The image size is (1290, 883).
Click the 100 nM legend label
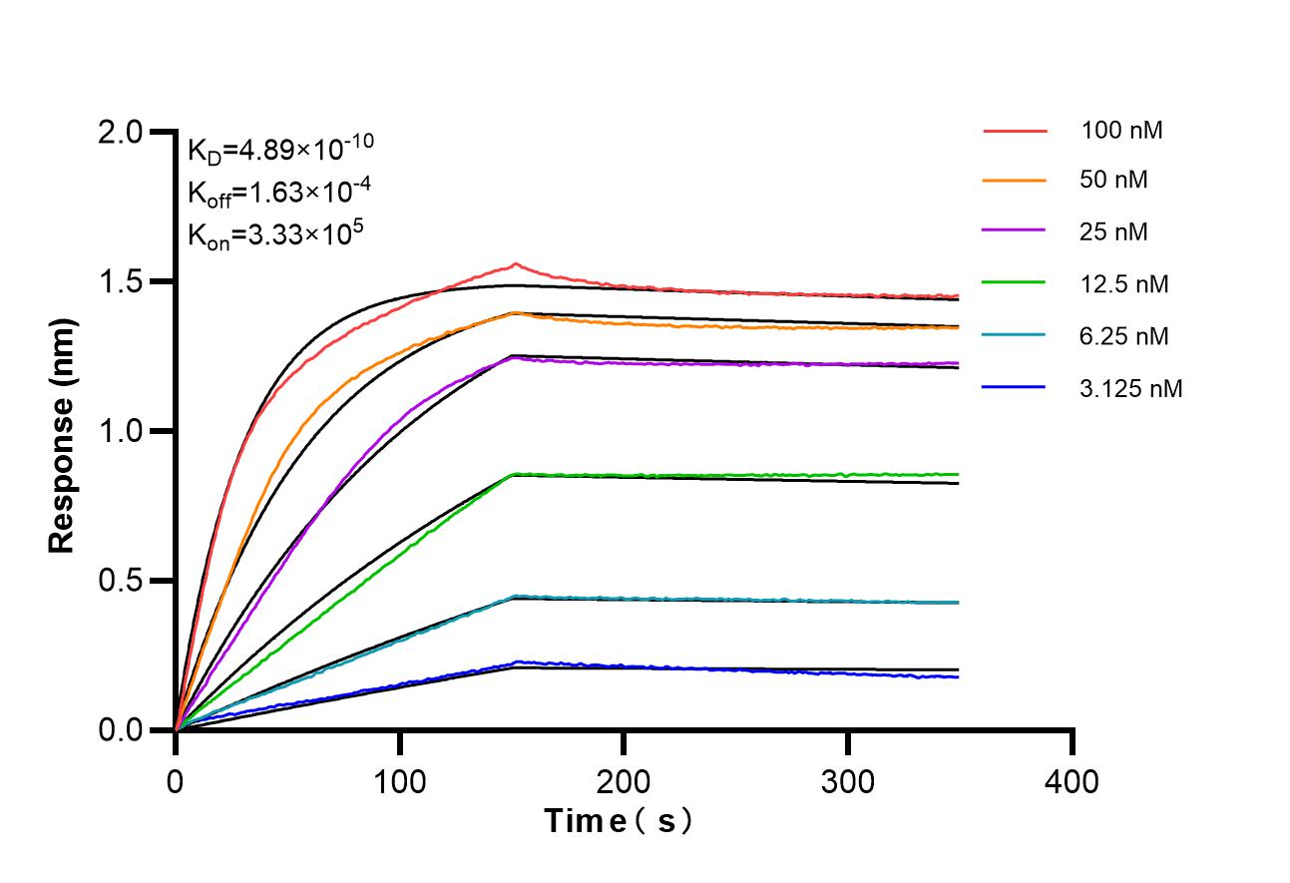(1122, 130)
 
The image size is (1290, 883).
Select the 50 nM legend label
(1114, 181)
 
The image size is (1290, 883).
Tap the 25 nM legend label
(1114, 232)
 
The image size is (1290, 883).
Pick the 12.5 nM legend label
(1124, 284)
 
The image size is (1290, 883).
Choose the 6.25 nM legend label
(1124, 336)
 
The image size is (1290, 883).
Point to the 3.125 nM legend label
(1131, 388)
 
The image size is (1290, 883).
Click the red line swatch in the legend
(1015, 130)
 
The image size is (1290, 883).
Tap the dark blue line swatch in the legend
(1015, 388)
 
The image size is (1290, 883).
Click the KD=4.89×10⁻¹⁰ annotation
(280, 149)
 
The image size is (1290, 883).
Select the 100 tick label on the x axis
(399, 780)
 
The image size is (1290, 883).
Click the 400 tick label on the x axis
(1073, 780)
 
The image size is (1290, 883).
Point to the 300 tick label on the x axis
(848, 780)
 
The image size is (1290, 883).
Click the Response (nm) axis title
(62, 431)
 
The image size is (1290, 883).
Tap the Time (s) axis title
(619, 822)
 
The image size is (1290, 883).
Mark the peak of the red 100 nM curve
(516, 264)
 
